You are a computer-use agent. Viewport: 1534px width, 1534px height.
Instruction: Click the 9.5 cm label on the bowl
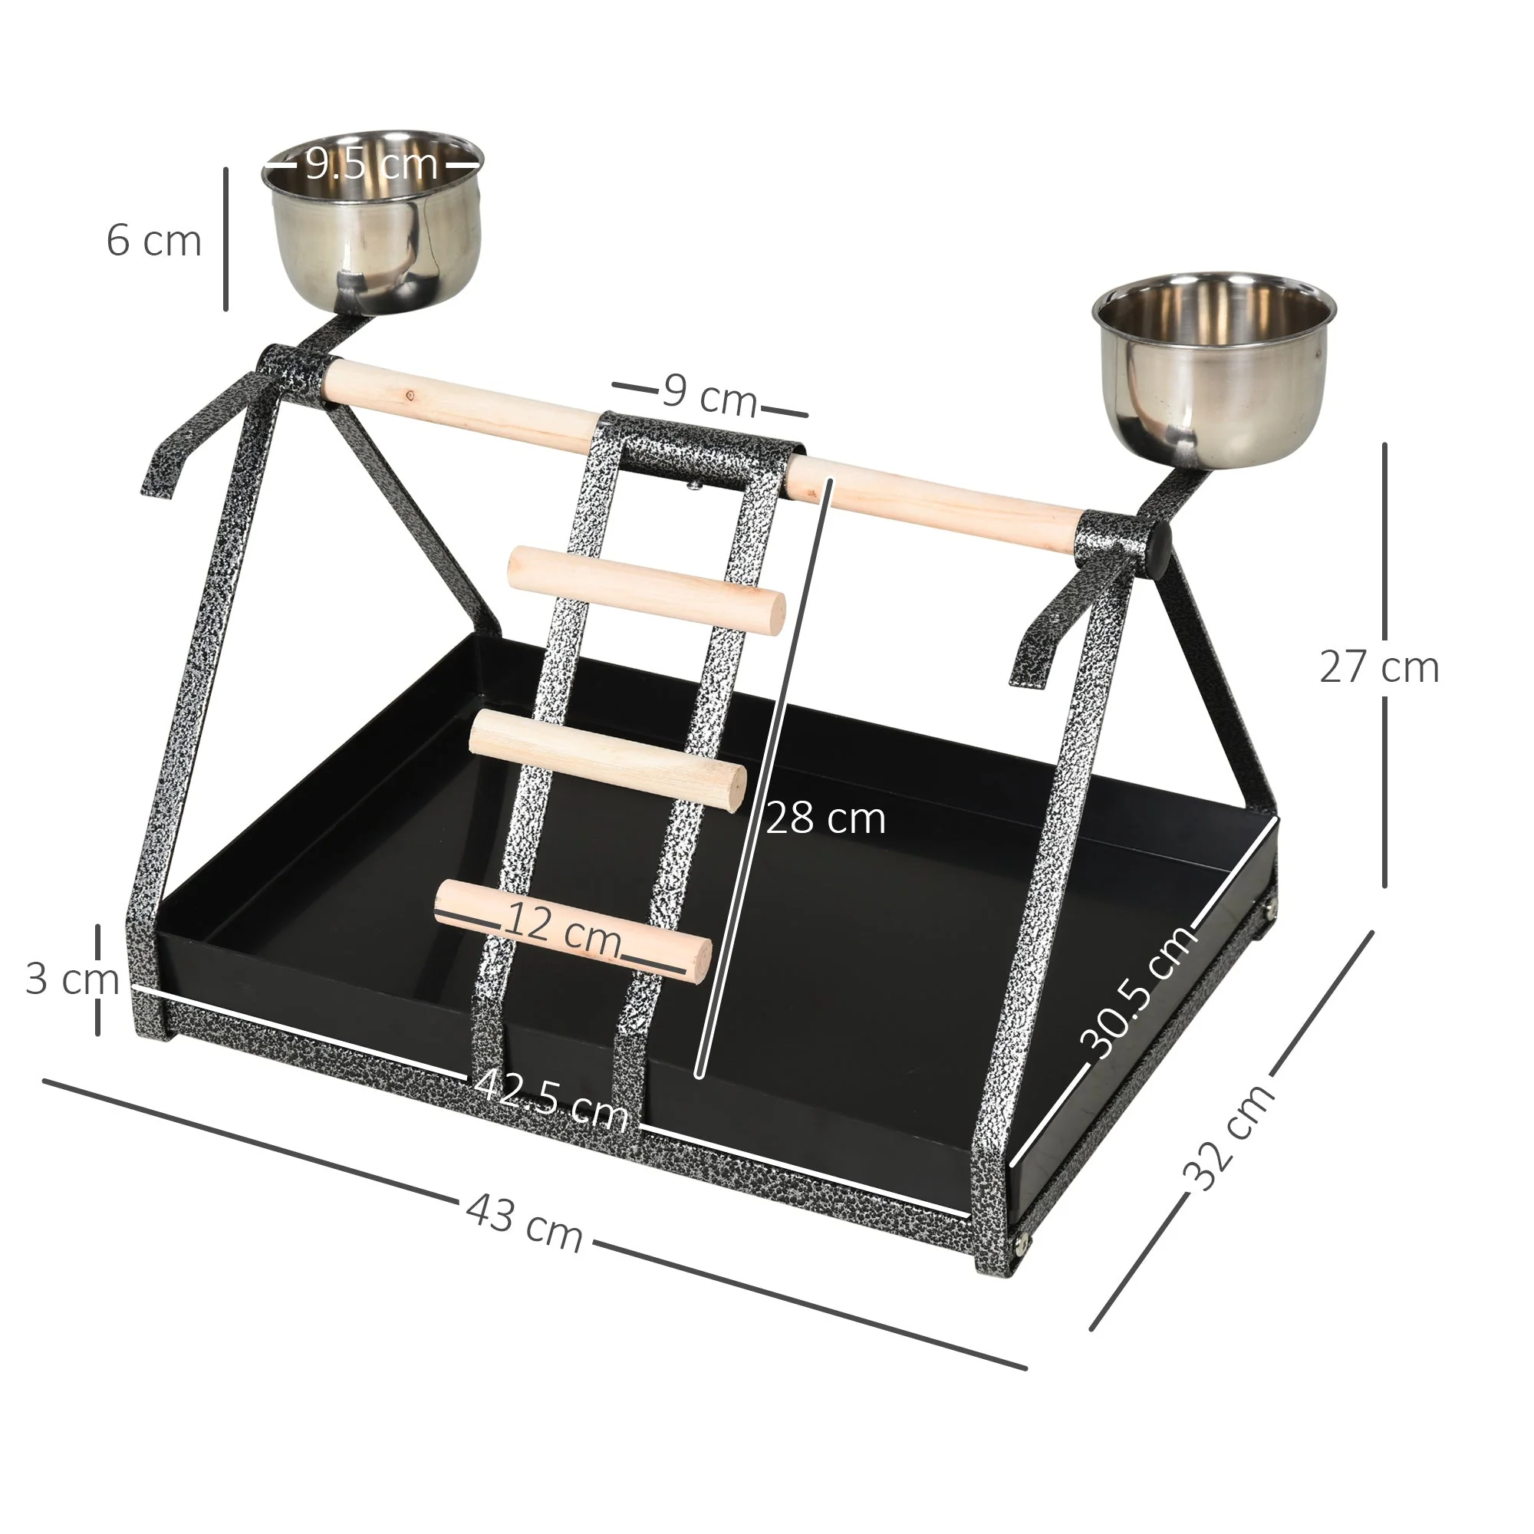pyautogui.click(x=371, y=164)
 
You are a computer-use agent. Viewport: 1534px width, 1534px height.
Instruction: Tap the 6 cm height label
pyautogui.click(x=154, y=241)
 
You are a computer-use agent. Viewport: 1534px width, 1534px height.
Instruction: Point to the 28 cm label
pyautogui.click(x=826, y=818)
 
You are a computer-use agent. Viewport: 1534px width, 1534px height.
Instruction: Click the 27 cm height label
pyautogui.click(x=1379, y=667)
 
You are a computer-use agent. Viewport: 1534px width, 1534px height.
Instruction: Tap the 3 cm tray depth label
pyautogui.click(x=71, y=979)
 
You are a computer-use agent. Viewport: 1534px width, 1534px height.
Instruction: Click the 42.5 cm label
pyautogui.click(x=551, y=1101)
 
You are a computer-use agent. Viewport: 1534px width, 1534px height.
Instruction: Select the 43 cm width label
pyautogui.click(x=524, y=1224)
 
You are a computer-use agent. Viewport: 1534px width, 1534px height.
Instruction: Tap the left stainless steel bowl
pyautogui.click(x=371, y=230)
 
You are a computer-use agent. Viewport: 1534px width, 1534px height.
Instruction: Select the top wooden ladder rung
pyautogui.click(x=646, y=590)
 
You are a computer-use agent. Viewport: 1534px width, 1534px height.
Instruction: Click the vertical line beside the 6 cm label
pyautogui.click(x=226, y=239)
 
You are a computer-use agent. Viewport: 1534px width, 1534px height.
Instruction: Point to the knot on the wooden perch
pyautogui.click(x=410, y=393)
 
